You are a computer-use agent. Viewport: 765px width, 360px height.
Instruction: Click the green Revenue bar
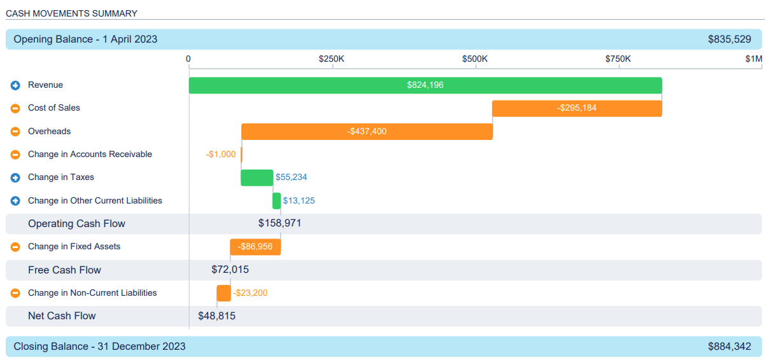pyautogui.click(x=425, y=85)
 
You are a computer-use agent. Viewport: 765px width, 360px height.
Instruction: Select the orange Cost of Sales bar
pyautogui.click(x=577, y=108)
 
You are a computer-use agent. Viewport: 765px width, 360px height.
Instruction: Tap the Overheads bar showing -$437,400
pyautogui.click(x=367, y=132)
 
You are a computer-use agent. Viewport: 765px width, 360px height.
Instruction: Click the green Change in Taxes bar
pyautogui.click(x=256, y=177)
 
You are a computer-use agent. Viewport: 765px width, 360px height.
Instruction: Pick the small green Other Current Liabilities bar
pyautogui.click(x=276, y=201)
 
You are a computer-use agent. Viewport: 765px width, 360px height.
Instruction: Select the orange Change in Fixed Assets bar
pyautogui.click(x=255, y=247)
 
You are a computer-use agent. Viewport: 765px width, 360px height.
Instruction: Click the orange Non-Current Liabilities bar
pyautogui.click(x=223, y=293)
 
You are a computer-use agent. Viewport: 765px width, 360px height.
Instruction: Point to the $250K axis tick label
pyautogui.click(x=332, y=59)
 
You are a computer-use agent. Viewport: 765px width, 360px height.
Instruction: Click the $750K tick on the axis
pyautogui.click(x=618, y=59)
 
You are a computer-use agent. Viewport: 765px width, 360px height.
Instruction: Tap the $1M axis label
pyautogui.click(x=754, y=59)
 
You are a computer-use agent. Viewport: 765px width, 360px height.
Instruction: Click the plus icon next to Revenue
pyautogui.click(x=15, y=85)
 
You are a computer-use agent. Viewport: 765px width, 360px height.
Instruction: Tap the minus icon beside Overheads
pyautogui.click(x=15, y=132)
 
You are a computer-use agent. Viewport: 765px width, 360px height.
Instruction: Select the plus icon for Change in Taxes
pyautogui.click(x=15, y=177)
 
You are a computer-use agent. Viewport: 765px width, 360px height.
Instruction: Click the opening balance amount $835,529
pyautogui.click(x=729, y=39)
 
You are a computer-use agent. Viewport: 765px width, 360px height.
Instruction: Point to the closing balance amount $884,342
pyautogui.click(x=729, y=347)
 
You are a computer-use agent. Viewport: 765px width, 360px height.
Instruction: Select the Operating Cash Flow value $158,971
pyautogui.click(x=279, y=224)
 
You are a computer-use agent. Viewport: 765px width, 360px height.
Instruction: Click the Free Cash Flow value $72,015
pyautogui.click(x=230, y=270)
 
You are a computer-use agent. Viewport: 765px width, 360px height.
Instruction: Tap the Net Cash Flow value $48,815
pyautogui.click(x=216, y=316)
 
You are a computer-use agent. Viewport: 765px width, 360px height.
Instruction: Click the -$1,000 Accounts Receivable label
pyautogui.click(x=220, y=155)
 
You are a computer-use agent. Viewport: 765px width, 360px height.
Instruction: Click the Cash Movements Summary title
pyautogui.click(x=71, y=13)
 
